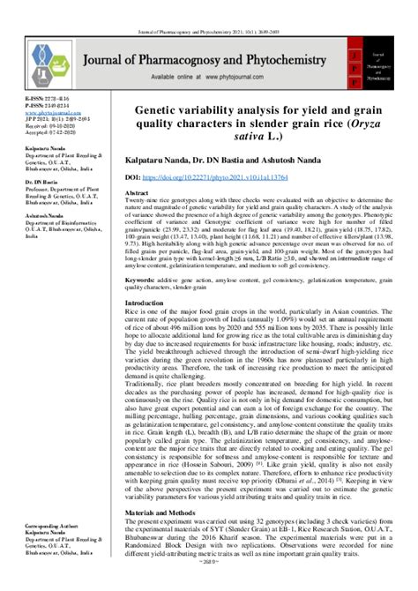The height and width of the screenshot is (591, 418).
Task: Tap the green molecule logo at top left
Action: (45, 57)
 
